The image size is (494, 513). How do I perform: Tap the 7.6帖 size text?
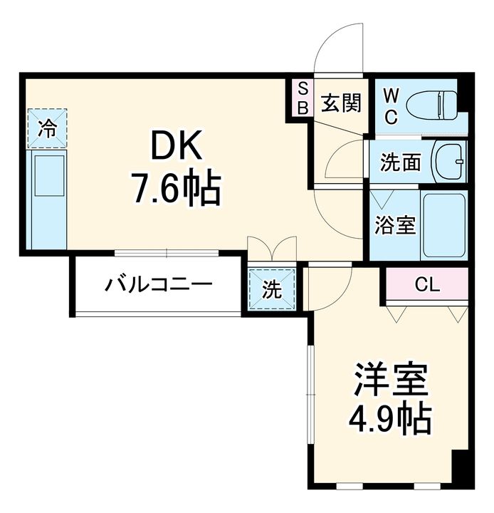click(x=176, y=188)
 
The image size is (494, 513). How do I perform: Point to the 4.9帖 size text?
click(x=391, y=420)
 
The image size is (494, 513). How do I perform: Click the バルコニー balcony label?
click(x=159, y=286)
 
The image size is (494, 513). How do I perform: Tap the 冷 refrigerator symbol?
click(x=47, y=129)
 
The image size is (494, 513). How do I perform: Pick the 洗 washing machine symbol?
click(x=271, y=290)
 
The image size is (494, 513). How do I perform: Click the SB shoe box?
click(x=303, y=98)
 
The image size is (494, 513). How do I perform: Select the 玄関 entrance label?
click(x=340, y=104)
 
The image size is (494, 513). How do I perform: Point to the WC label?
click(x=391, y=107)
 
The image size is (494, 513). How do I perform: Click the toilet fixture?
click(x=432, y=105)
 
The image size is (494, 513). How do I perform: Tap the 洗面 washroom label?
click(x=399, y=162)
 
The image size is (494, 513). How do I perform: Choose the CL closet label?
click(x=427, y=286)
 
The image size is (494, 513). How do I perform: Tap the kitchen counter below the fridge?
click(x=47, y=199)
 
